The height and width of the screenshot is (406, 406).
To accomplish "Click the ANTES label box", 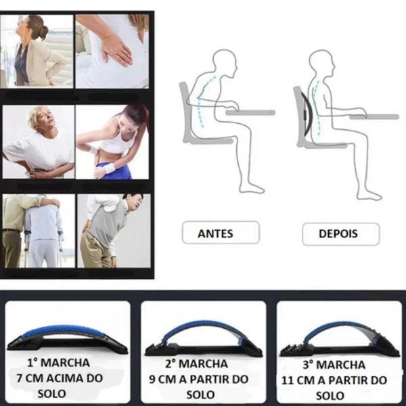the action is (x=221, y=233).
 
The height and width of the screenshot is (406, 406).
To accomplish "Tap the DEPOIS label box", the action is (x=341, y=234).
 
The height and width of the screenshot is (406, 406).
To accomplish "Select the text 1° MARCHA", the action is (x=58, y=363).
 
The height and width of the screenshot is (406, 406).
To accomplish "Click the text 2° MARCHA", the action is (x=196, y=364).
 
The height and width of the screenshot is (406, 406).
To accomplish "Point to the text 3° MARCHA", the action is (x=334, y=365).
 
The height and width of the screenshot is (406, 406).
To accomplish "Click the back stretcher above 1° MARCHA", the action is (x=67, y=336).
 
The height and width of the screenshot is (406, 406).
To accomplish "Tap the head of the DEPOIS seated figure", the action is (x=321, y=63).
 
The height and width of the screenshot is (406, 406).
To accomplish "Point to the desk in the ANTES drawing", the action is (x=250, y=112).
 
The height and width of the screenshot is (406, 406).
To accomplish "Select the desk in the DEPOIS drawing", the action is (x=374, y=117).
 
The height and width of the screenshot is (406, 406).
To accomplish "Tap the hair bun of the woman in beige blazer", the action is (x=43, y=32).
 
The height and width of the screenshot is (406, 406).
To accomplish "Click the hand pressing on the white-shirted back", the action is (x=116, y=49).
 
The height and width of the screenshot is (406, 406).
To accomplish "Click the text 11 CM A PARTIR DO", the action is (x=334, y=380).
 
